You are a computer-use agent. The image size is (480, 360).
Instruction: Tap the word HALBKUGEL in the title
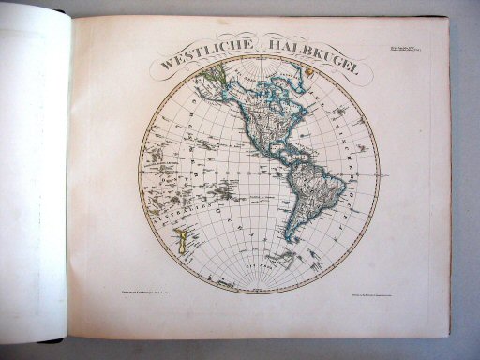click(x=298, y=49)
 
